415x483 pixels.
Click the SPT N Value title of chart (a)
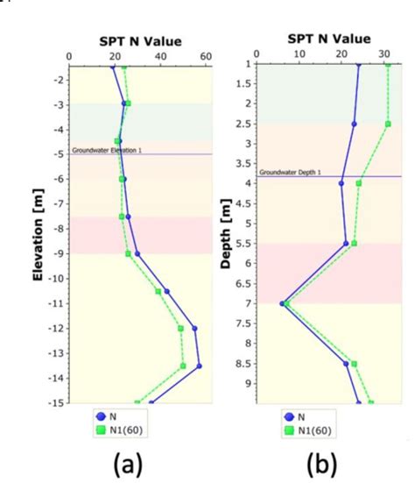click(137, 41)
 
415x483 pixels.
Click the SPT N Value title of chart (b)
click(328, 39)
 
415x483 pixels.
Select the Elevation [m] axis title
click(39, 238)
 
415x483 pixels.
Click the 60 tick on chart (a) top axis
click(205, 57)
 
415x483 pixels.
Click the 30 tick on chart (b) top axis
click(384, 53)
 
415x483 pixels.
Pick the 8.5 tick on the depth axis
click(248, 363)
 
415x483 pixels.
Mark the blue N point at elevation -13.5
click(200, 366)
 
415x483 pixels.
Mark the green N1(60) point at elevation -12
click(181, 329)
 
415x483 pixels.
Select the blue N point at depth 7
click(282, 303)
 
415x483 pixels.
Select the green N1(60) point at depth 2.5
click(388, 124)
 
